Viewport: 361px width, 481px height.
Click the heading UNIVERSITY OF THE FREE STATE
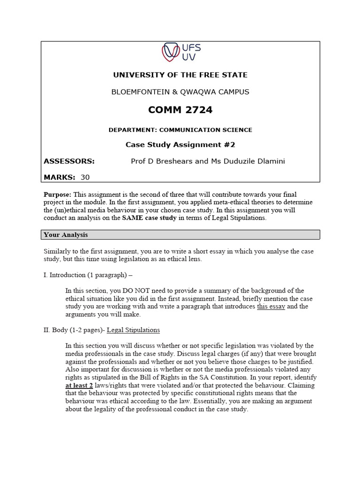pos(180,75)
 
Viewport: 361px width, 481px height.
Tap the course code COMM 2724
pos(180,110)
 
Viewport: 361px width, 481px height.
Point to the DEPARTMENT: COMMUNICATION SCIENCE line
pos(180,130)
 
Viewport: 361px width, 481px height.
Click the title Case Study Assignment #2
pos(180,145)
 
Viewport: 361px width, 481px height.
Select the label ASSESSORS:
pos(69,162)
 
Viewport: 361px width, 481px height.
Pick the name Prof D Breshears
pos(162,162)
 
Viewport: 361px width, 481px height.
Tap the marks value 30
pos(85,178)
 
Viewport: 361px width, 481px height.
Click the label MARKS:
pos(59,178)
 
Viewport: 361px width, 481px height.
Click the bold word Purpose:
pos(58,194)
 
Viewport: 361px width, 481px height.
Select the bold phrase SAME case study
pos(149,218)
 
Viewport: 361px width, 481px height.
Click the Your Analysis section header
pos(66,234)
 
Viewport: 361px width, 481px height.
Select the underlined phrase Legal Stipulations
pos(133,330)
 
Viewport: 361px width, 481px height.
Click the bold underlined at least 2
pos(78,386)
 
